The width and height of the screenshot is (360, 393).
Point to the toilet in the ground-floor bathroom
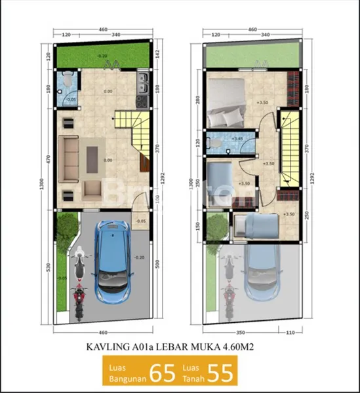tap(63, 96)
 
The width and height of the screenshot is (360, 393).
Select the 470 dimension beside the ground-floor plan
tap(49, 159)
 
